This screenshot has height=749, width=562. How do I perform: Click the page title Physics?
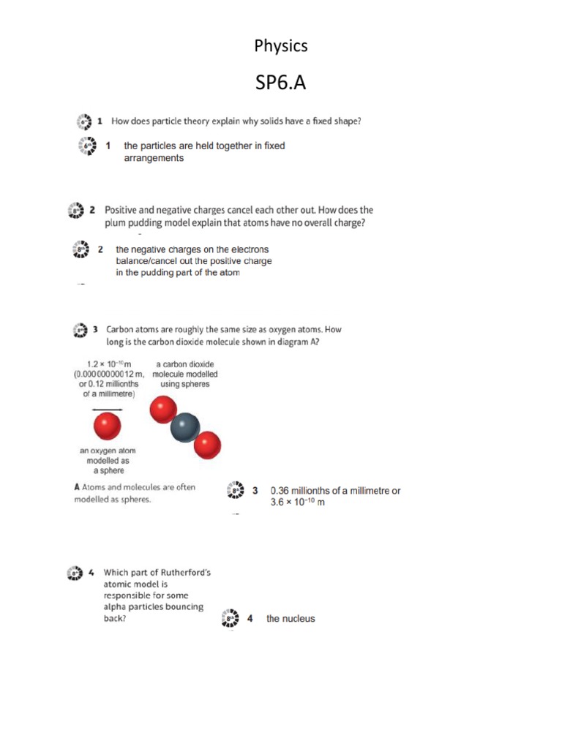pyautogui.click(x=281, y=46)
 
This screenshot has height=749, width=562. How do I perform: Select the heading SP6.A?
pyautogui.click(x=280, y=83)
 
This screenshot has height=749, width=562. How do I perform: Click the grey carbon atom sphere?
pyautogui.click(x=185, y=428)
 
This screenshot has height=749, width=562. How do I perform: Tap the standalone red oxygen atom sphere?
pyautogui.click(x=107, y=425)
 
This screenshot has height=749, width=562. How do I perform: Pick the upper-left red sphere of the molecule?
pyautogui.click(x=163, y=410)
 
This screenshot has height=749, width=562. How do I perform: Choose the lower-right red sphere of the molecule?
pyautogui.click(x=207, y=444)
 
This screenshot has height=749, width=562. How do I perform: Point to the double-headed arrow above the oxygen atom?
pyautogui.click(x=107, y=409)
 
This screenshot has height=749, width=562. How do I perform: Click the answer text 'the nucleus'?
pyautogui.click(x=291, y=619)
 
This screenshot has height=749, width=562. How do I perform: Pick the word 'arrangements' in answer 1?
pyautogui.click(x=154, y=158)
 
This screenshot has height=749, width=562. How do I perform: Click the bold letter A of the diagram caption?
pyautogui.click(x=77, y=487)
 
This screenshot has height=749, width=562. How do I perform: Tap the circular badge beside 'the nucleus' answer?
pyautogui.click(x=231, y=619)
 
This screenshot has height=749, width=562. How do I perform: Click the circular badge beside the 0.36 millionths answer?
pyautogui.click(x=236, y=491)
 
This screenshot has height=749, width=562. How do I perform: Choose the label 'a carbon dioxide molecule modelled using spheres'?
pyautogui.click(x=185, y=374)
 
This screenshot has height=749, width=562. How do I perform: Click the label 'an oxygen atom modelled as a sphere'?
pyautogui.click(x=108, y=461)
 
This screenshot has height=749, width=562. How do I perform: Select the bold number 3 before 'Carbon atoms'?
pyautogui.click(x=95, y=330)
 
